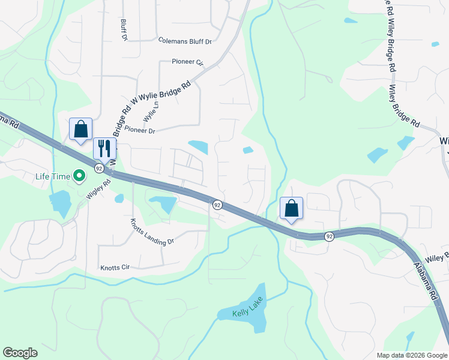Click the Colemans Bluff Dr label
(x=185, y=41)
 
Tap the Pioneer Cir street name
(x=188, y=62)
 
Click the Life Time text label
(x=52, y=176)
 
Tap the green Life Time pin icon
(x=79, y=176)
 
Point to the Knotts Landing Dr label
(x=152, y=232)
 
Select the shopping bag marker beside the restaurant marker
(x=80, y=129)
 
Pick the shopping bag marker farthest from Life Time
(x=291, y=209)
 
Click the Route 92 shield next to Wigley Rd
(x=98, y=170)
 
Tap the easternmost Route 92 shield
(x=330, y=236)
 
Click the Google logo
(x=20, y=353)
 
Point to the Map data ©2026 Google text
(x=411, y=355)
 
